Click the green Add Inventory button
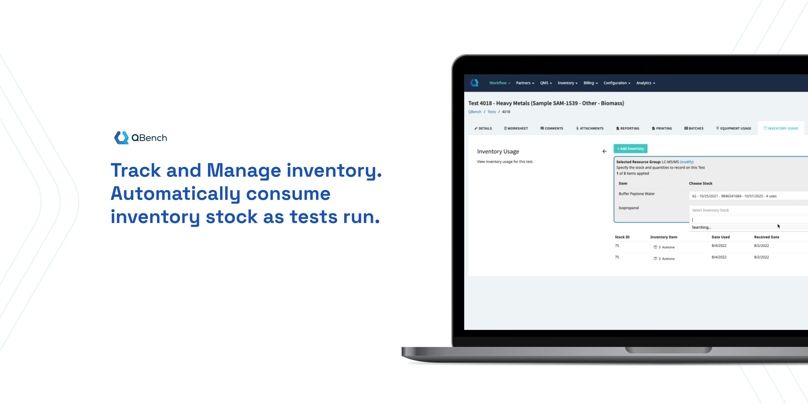click(x=631, y=149)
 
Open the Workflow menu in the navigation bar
click(x=500, y=83)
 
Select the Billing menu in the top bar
click(x=591, y=83)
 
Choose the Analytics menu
click(x=646, y=83)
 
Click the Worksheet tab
click(x=516, y=128)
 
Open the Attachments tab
click(x=590, y=128)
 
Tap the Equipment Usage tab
click(x=734, y=128)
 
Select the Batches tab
click(x=694, y=128)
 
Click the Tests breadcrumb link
click(x=492, y=112)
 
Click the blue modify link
click(x=687, y=162)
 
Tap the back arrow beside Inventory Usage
click(x=604, y=151)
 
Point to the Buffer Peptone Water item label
click(x=637, y=194)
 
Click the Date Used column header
click(x=720, y=237)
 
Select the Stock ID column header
click(x=622, y=237)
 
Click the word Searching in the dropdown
click(x=701, y=227)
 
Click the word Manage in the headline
click(x=244, y=170)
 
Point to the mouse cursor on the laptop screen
click(x=779, y=226)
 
